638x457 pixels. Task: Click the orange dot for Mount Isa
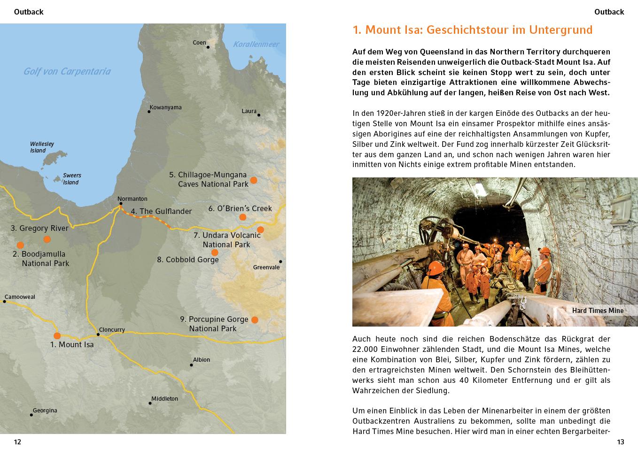tap(57, 335)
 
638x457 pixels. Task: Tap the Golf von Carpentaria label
tap(67, 71)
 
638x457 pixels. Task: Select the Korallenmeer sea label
tap(256, 45)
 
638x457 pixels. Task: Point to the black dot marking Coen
tap(208, 47)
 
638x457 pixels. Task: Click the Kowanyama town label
tap(165, 107)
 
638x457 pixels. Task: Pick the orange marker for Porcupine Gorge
tap(255, 320)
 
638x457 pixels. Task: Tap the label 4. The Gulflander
tap(161, 212)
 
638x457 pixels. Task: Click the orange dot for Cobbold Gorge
tap(215, 252)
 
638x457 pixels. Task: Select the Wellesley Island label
tap(42, 147)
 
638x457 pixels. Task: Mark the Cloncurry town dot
tap(98, 335)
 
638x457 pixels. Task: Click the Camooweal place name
tap(20, 297)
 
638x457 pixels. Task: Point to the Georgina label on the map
tap(45, 411)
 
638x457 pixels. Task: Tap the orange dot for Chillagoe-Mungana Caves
tap(254, 180)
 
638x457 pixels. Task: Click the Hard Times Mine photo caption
tap(598, 311)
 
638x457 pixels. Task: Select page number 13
tap(620, 442)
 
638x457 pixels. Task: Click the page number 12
tap(17, 442)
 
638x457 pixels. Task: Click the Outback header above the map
tap(29, 12)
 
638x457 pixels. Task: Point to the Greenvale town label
tap(266, 267)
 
